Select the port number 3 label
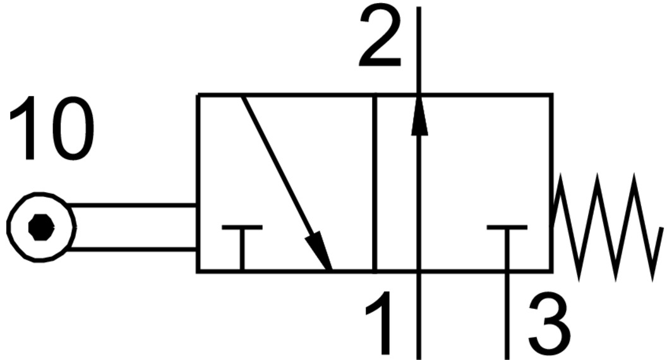point(548,326)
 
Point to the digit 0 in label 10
point(71,129)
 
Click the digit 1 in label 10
point(24,129)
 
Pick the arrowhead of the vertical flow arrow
point(419,117)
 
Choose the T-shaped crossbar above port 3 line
point(507,228)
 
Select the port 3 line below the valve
point(507,316)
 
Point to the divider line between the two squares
point(375,183)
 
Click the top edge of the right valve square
point(486,95)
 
